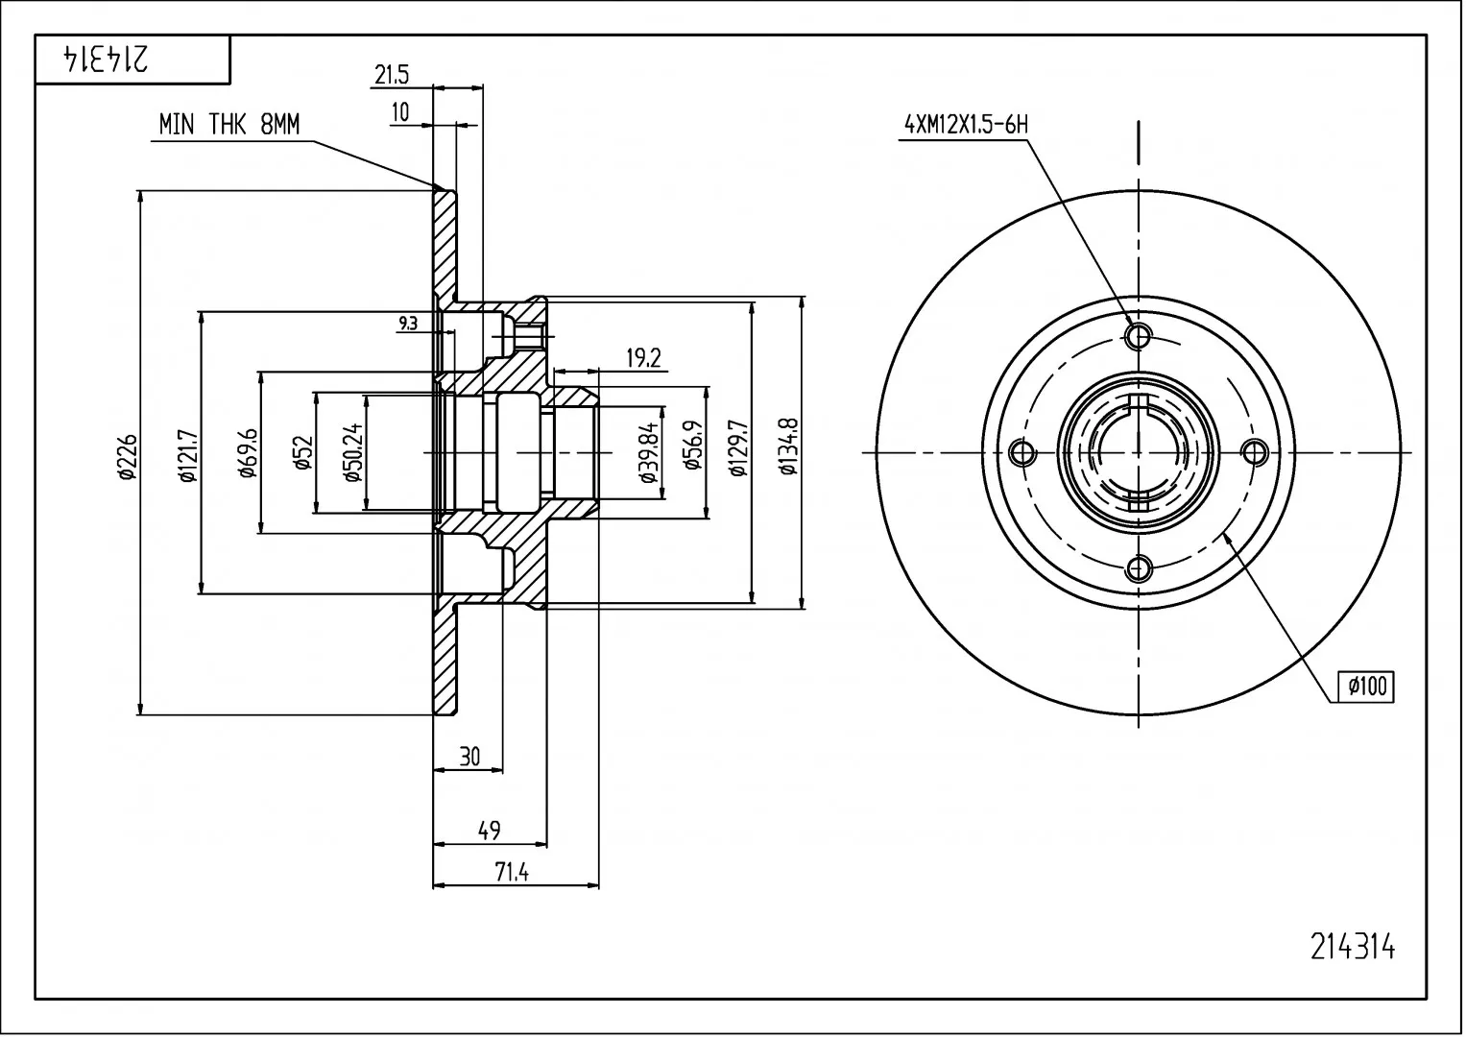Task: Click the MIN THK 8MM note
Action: pos(229,125)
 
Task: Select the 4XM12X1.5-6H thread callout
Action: pos(966,125)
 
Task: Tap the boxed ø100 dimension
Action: pos(1367,687)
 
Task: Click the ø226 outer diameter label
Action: pos(128,456)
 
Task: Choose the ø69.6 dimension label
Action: pos(250,453)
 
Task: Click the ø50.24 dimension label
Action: pos(352,452)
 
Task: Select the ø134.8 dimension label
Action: pos(788,446)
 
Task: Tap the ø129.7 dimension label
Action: pos(738,447)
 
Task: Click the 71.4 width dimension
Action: pos(512,872)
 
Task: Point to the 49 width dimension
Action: pos(490,831)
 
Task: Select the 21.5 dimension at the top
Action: pos(392,75)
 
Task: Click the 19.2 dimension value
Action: pos(644,358)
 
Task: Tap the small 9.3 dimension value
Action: pos(408,323)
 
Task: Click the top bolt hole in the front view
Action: pos(1139,336)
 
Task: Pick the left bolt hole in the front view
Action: pos(1022,452)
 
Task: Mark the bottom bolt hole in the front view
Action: pos(1139,568)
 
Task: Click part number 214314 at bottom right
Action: pos(1353,948)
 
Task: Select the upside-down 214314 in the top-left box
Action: pos(106,60)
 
